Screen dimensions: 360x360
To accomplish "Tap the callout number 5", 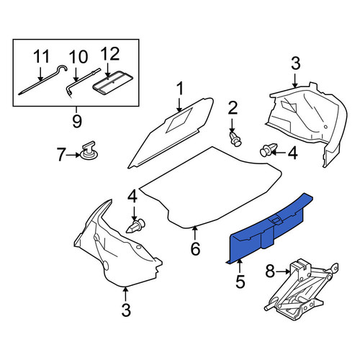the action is coord(240,282).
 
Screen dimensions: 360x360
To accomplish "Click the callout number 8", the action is coord(270,271).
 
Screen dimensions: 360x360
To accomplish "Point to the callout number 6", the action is coord(195,248).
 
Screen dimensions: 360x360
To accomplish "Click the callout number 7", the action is coord(61,155).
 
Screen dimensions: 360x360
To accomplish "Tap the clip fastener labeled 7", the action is coord(89,150).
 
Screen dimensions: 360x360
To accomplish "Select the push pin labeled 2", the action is coord(235,139).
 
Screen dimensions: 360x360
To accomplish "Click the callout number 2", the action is coord(232,108).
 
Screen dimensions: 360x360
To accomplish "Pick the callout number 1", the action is coord(180,89).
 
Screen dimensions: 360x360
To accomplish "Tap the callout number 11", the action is coord(41,56).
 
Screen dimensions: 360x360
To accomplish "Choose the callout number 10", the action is coord(78,57).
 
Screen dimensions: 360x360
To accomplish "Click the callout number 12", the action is coord(110,54).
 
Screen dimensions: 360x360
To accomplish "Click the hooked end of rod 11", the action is coord(63,68).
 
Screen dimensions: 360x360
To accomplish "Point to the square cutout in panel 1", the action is coord(179,120).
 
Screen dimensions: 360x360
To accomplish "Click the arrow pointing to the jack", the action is coord(283,271).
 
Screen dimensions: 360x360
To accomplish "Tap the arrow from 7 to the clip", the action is coord(73,155).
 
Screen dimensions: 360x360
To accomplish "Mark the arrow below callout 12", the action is coord(107,71).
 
